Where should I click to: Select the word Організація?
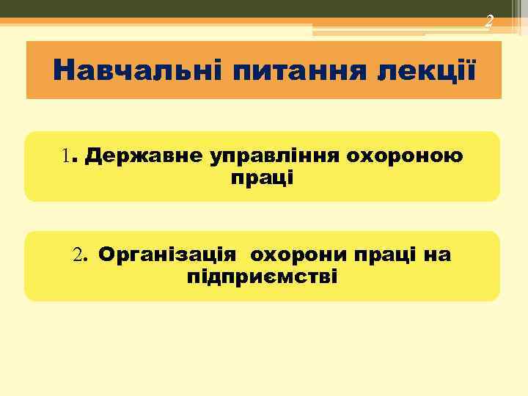click(167, 255)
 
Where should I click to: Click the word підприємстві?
click(262, 277)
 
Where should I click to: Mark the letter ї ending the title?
click(469, 71)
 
